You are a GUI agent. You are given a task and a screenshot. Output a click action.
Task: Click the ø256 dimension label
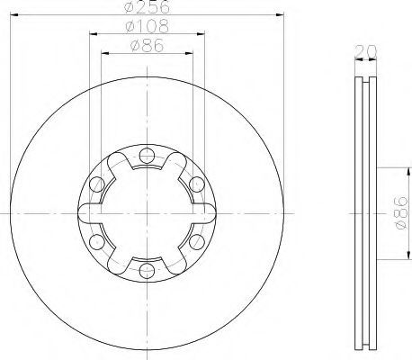tap(147, 6)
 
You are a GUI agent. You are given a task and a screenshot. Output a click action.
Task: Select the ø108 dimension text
tap(148, 26)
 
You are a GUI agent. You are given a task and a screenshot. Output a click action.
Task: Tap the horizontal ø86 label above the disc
tap(148, 46)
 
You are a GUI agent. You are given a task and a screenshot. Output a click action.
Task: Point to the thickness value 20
tap(365, 51)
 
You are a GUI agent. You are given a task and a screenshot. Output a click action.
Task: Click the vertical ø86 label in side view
tap(402, 213)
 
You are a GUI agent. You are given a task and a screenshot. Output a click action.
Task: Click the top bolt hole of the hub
tap(147, 156)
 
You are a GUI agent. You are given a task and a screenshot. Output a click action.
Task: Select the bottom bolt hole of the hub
tap(147, 271)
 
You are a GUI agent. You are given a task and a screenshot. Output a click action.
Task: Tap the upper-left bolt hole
tap(97, 184)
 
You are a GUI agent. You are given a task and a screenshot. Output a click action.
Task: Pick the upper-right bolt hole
tap(197, 184)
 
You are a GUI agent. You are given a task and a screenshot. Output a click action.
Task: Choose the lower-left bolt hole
tap(97, 242)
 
